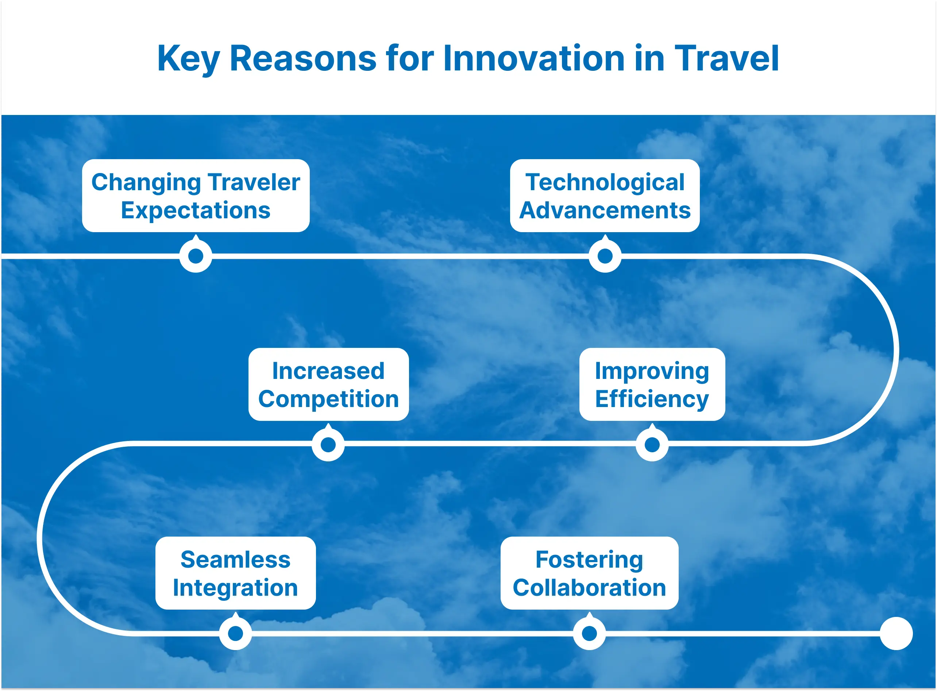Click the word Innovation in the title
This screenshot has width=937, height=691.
(x=533, y=58)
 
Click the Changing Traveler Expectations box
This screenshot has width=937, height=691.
(x=196, y=196)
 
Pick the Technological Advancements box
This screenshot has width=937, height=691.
(x=605, y=196)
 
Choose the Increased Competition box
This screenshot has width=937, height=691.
(x=328, y=384)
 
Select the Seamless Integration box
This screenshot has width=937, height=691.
(x=235, y=573)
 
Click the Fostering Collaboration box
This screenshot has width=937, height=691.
(x=589, y=573)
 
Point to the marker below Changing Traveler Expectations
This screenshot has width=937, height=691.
(x=196, y=256)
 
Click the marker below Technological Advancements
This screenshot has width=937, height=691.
(x=605, y=256)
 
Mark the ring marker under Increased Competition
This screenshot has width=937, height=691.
(x=328, y=445)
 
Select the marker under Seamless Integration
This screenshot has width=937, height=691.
(x=235, y=633)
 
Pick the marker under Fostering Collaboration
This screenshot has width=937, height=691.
(x=589, y=633)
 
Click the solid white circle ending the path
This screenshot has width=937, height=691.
(x=896, y=633)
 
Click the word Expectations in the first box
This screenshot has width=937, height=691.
(x=196, y=210)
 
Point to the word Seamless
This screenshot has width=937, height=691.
(x=235, y=560)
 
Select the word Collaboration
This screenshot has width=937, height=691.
(x=589, y=588)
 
